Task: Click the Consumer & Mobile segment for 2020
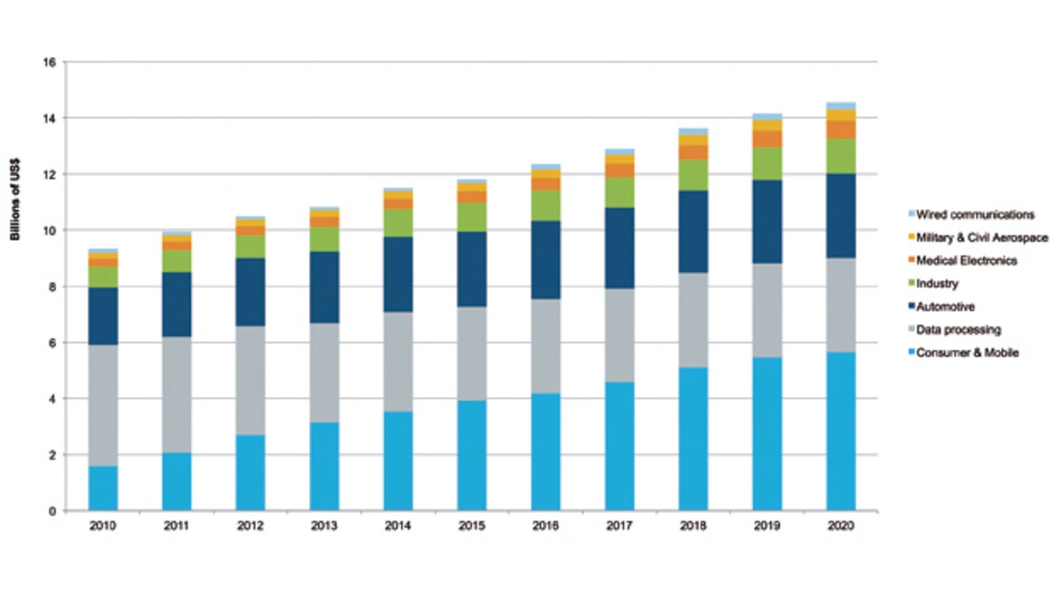841,431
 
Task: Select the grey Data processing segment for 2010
103,405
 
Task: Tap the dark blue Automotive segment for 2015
472,269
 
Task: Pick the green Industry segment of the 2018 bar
693,175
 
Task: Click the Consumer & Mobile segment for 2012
250,472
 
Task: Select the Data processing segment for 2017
619,335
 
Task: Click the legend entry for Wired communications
974,214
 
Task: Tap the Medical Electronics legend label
966,260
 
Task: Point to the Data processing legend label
958,330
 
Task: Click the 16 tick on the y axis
49,62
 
